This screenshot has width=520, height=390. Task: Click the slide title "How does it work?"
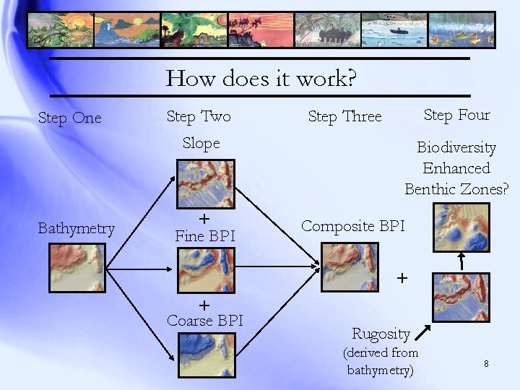pyautogui.click(x=261, y=78)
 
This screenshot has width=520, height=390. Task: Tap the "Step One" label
pyautogui.click(x=69, y=118)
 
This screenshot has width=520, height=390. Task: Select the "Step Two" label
pyautogui.click(x=199, y=116)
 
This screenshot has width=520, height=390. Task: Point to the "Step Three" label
pyautogui.click(x=344, y=116)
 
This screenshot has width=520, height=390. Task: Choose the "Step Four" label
pyautogui.click(x=456, y=115)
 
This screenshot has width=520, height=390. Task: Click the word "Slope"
pyautogui.click(x=201, y=143)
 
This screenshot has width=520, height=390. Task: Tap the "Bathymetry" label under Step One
pyautogui.click(x=76, y=229)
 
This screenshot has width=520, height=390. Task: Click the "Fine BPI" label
pyautogui.click(x=204, y=235)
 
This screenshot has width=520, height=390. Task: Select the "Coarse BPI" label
pyautogui.click(x=205, y=320)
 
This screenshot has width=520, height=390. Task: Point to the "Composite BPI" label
pyautogui.click(x=352, y=226)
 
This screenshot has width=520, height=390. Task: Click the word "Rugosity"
pyautogui.click(x=381, y=334)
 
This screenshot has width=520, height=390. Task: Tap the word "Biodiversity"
pyautogui.click(x=456, y=147)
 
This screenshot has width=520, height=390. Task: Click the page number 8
pyautogui.click(x=486, y=363)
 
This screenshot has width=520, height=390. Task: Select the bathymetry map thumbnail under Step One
pyautogui.click(x=77, y=266)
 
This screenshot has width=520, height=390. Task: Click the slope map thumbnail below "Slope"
pyautogui.click(x=206, y=183)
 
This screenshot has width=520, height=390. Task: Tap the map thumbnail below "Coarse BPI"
pyautogui.click(x=206, y=354)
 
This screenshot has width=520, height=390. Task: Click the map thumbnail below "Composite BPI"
pyautogui.click(x=350, y=266)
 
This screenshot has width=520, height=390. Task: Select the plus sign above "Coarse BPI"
pyautogui.click(x=204, y=305)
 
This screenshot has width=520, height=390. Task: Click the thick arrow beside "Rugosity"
pyautogui.click(x=425, y=331)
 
